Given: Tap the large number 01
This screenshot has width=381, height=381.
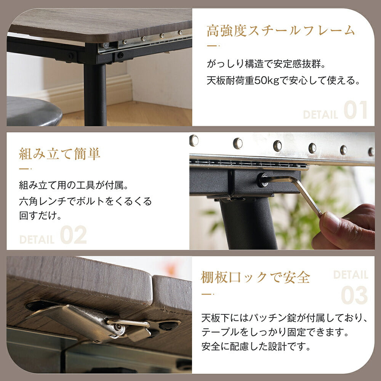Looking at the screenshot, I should pyautogui.click(x=355, y=110).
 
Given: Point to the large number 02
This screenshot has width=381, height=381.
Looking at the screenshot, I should pyautogui.click(x=73, y=235).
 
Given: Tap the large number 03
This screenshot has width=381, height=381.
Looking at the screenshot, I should pyautogui.click(x=354, y=296).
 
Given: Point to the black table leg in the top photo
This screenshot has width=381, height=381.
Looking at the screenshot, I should pyautogui.click(x=95, y=93).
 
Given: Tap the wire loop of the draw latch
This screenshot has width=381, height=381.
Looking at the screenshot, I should pyautogui.click(x=131, y=323).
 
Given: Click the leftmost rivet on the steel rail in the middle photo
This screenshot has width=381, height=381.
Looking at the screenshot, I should pyautogui.click(x=194, y=140).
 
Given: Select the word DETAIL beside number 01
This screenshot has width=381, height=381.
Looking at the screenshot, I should pyautogui.click(x=320, y=114).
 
